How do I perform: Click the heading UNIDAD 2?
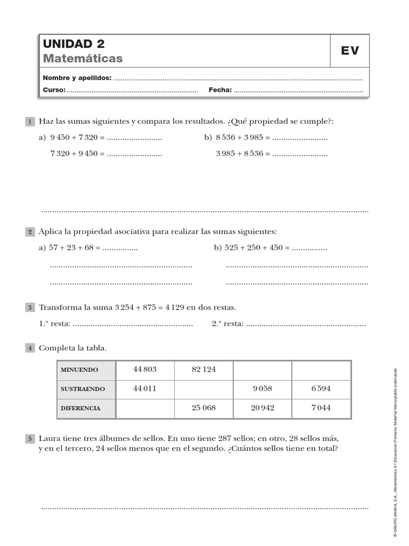73,44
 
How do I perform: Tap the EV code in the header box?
350,51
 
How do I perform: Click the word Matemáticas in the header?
83,58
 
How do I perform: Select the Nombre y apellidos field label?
77,78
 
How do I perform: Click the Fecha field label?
220,90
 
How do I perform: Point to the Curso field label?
54,90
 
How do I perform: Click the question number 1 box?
30,122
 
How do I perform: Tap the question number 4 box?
30,348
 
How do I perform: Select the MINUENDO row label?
79,370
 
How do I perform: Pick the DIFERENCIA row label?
80,408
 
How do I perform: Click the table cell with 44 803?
145,370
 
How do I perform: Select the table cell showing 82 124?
203,370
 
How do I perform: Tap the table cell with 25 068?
203,408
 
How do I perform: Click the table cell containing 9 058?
263,389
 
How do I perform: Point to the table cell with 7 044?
321,408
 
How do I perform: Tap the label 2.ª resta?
227,323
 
